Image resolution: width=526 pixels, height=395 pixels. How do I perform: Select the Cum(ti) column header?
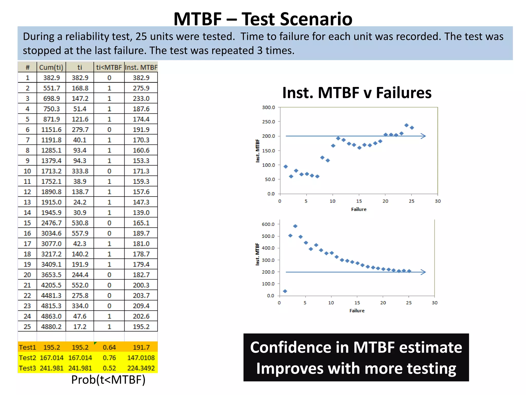[51, 67]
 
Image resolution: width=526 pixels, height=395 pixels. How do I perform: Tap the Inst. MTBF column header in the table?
[141, 67]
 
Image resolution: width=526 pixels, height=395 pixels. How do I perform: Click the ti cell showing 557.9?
[80, 233]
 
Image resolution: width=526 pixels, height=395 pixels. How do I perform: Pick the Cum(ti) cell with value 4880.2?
[51, 327]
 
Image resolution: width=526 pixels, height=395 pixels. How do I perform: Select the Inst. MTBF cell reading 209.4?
[141, 306]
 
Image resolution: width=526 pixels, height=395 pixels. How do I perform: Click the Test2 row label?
[27, 358]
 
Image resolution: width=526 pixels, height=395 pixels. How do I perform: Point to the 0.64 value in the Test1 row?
[109, 347]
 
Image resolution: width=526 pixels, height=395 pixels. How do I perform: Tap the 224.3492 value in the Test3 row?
[141, 368]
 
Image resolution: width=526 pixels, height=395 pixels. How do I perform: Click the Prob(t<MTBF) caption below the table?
[108, 380]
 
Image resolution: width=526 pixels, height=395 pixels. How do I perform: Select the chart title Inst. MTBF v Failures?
[357, 93]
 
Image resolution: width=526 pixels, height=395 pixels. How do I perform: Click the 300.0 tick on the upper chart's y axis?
[268, 107]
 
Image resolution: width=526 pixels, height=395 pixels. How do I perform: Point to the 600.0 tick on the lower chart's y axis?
[268, 224]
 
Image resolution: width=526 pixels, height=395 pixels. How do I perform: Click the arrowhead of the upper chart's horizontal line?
[423, 136]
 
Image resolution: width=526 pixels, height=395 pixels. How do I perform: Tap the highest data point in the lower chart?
[295, 226]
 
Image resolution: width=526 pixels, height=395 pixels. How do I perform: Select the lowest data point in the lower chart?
[285, 291]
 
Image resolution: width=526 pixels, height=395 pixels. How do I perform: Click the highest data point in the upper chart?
[406, 125]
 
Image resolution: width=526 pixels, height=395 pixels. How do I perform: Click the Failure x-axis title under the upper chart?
[359, 209]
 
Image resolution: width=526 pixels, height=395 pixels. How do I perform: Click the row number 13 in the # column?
[27, 202]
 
